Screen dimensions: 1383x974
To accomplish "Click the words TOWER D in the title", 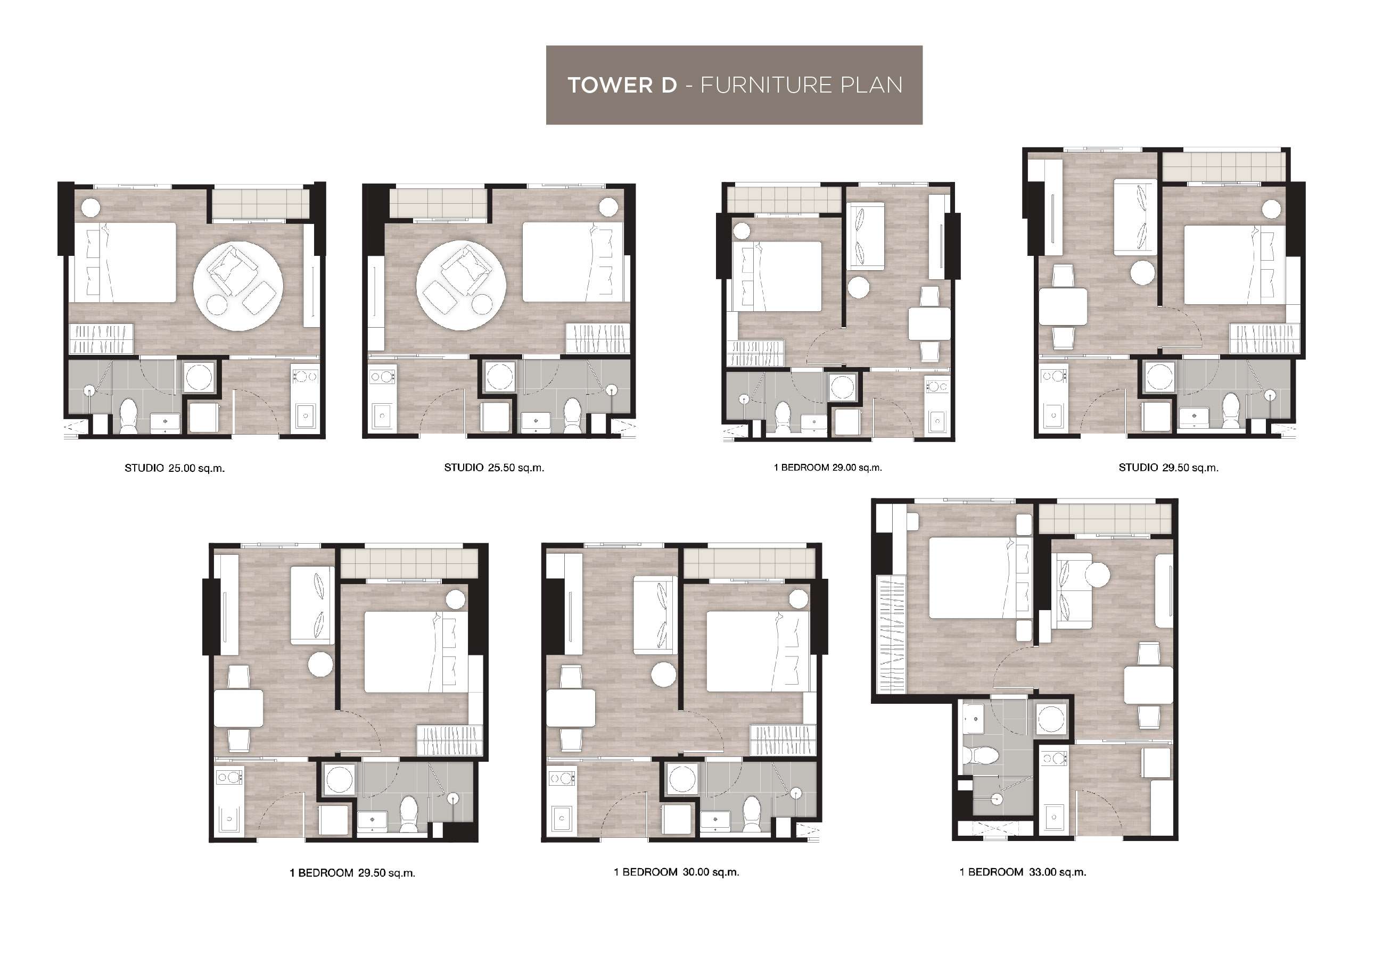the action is pos(622,85).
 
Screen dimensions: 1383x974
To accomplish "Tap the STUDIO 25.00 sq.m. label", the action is pos(175,468).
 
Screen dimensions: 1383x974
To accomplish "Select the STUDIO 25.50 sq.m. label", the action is pos(494,468).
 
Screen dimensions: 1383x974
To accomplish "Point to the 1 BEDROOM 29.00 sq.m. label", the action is pos(828,467).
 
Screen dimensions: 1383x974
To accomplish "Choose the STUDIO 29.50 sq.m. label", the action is pos(1168,468).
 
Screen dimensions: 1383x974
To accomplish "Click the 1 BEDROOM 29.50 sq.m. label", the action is pos(352,873).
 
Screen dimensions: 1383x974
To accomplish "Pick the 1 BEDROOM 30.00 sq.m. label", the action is pos(677,872).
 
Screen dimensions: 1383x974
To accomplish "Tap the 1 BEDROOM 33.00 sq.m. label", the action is pos(1023,872).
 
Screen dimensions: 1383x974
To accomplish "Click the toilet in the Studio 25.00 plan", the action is pos(128,416).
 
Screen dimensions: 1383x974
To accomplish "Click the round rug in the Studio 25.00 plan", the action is pos(238,286).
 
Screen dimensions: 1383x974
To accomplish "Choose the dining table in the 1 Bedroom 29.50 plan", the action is pos(238,709).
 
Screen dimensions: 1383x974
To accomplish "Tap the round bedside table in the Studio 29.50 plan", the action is pos(1272,210).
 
